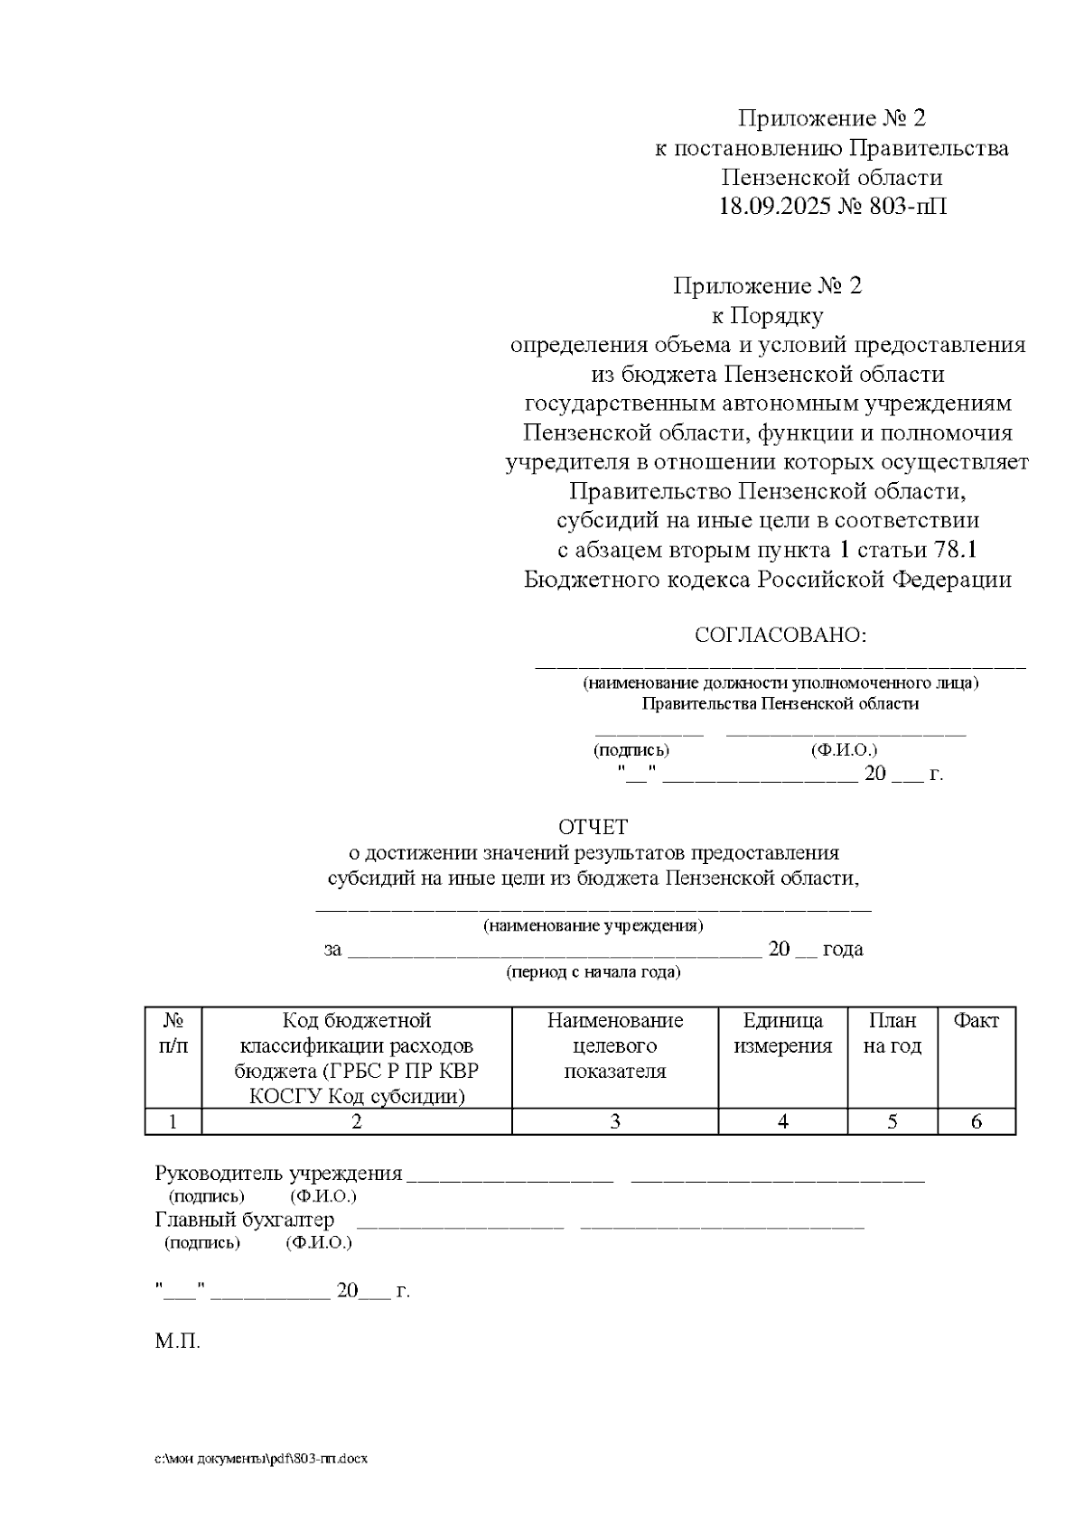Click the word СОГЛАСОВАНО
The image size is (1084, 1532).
[780, 635]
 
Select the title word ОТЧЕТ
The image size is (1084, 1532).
[593, 827]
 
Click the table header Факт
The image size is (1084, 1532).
[977, 1021]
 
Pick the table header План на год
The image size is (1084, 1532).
[892, 1034]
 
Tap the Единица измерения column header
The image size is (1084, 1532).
[782, 1034]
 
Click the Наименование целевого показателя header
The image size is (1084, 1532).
[615, 1045]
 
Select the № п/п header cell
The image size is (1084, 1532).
[173, 1034]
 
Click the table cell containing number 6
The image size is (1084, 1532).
[977, 1121]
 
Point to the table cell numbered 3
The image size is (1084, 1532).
[615, 1121]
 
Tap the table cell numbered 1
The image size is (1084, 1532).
[173, 1121]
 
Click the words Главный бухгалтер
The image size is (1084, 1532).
[245, 1220]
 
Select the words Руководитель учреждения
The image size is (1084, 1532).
[278, 1174]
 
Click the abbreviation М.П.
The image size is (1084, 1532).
[177, 1342]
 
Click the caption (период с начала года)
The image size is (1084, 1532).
[593, 972]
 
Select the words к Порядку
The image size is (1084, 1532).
[767, 316]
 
